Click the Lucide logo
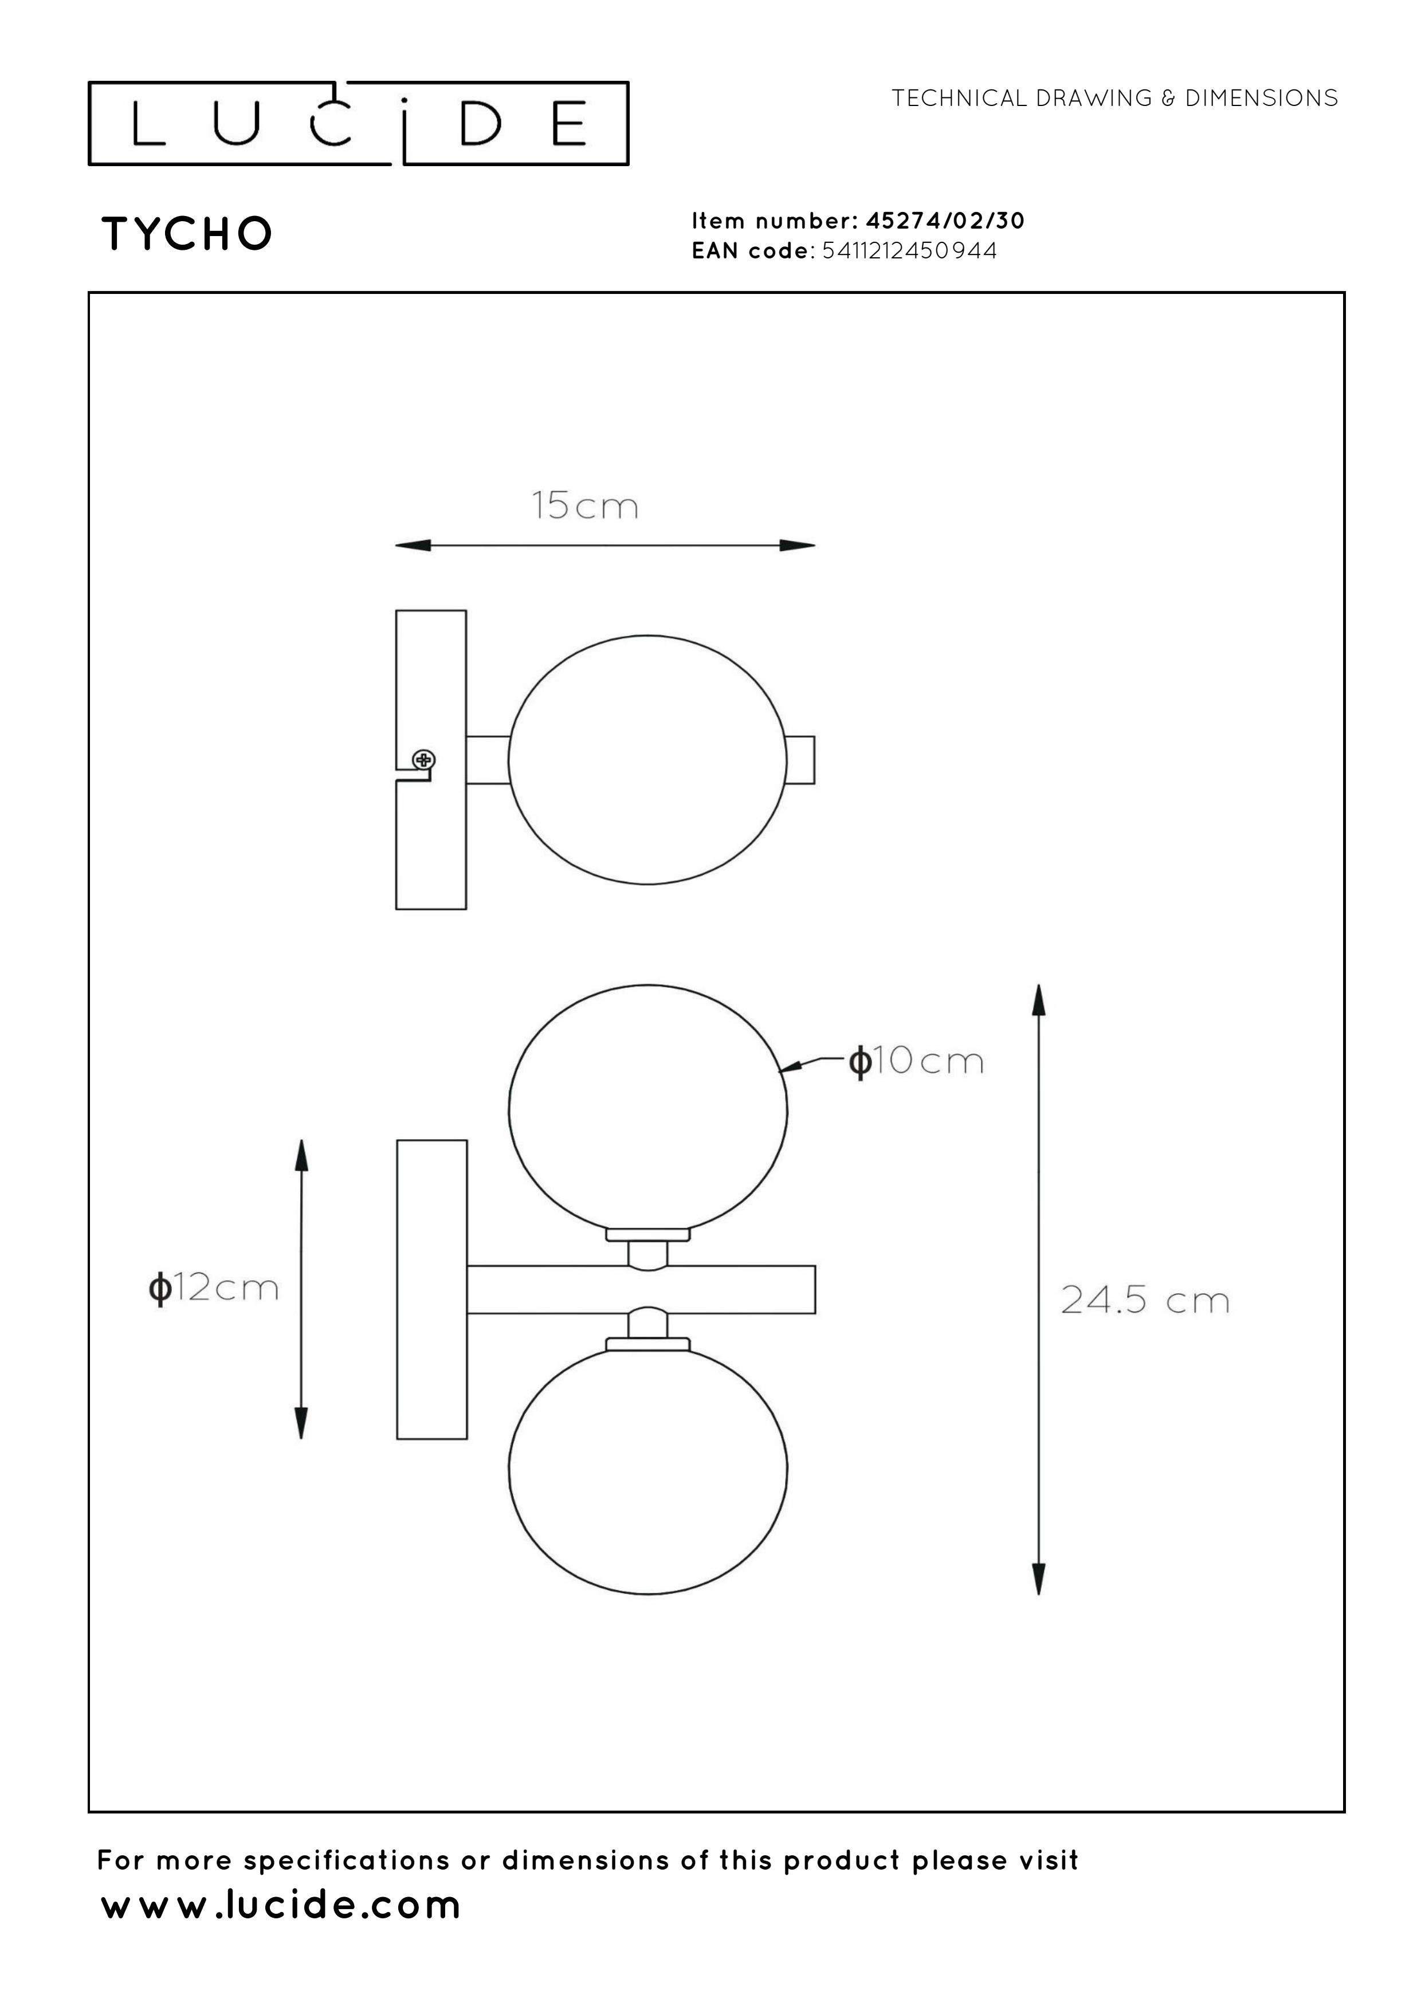click(x=358, y=123)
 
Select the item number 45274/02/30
click(x=945, y=221)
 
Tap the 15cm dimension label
click(x=586, y=506)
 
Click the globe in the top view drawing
click(x=648, y=760)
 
